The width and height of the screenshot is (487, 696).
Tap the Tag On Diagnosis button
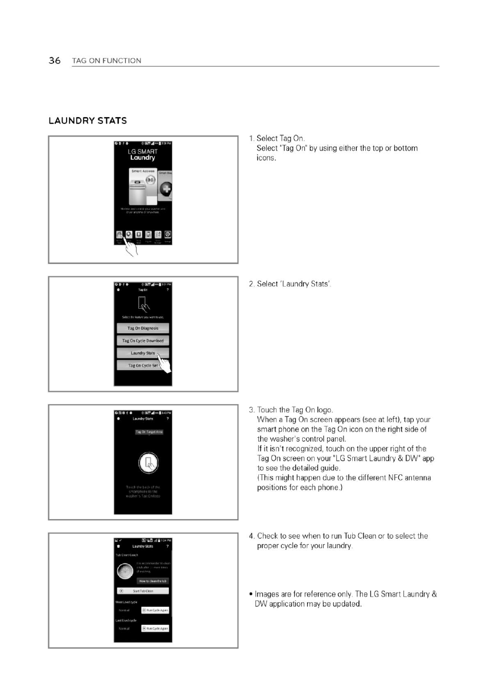[x=143, y=328]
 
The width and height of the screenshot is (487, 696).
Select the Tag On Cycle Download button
[x=143, y=341]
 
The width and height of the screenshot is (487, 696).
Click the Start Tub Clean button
[x=143, y=591]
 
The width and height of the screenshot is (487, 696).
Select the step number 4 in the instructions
[x=251, y=536]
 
